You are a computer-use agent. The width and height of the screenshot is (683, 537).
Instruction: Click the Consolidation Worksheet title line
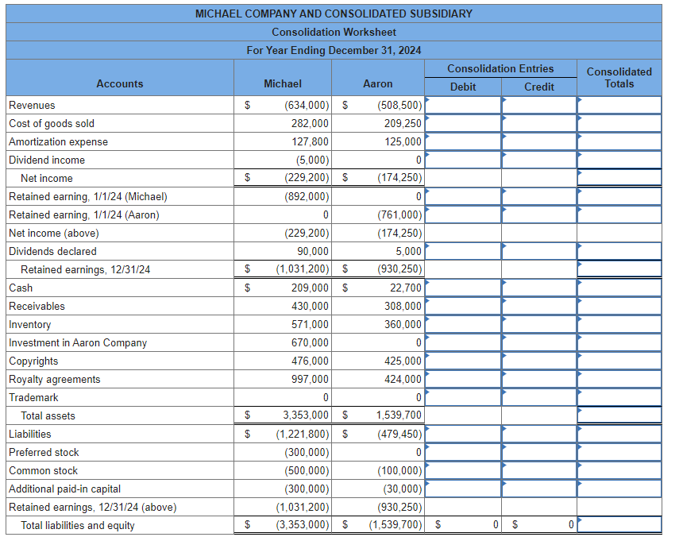pos(334,32)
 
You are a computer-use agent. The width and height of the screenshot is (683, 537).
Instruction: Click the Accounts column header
pos(120,83)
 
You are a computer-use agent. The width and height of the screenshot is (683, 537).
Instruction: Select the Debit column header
pos(463,87)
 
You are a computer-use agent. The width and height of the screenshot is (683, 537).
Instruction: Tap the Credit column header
pos(539,87)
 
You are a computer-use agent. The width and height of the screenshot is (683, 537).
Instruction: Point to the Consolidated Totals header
pos(619,77)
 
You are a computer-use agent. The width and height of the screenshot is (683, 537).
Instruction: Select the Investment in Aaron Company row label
pos(78,342)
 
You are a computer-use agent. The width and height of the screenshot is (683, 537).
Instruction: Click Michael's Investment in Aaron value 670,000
pos(310,342)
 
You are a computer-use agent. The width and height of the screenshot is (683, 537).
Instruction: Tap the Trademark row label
pos(33,397)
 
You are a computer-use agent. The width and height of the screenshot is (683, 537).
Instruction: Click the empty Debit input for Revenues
pos(463,105)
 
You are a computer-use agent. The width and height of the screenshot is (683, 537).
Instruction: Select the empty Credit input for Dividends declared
pos(539,251)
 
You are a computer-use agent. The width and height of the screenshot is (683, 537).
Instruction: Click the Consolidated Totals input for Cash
pos(619,288)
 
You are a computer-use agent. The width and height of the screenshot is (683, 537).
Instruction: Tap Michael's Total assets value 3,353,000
pos(306,415)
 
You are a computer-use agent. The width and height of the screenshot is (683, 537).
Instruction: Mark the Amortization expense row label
pos(58,141)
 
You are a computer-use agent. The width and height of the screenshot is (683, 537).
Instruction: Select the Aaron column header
pos(377,83)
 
